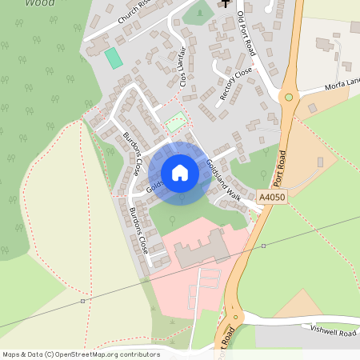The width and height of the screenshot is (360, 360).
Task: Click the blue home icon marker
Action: (x=180, y=173)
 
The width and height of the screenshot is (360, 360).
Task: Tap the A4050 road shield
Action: (x=271, y=195)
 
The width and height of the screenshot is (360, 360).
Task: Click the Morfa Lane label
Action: (x=342, y=85)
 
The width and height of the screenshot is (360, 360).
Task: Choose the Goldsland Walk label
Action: (x=223, y=180)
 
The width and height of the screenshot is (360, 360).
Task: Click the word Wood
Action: (x=41, y=3)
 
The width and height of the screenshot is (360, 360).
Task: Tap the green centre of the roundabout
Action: (x=290, y=97)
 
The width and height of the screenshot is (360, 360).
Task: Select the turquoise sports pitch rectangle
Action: (x=114, y=58)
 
